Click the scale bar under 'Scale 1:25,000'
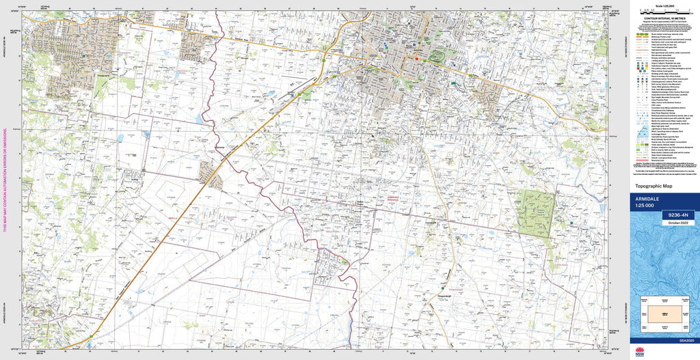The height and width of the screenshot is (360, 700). point(663,12)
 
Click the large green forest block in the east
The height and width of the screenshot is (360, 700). point(535,212)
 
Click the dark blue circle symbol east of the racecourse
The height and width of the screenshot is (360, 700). point(453,82)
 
